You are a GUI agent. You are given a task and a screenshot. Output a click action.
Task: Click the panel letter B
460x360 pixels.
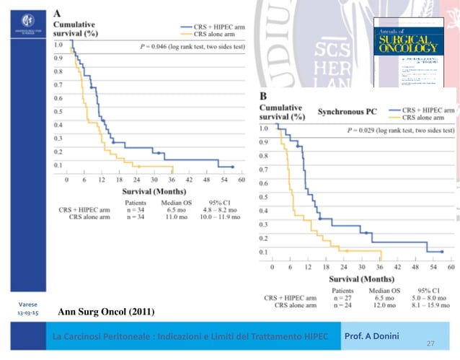pos(264,97)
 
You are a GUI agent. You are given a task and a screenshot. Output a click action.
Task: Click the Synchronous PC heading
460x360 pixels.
pos(347,112)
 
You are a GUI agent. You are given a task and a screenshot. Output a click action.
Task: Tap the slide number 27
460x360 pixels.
pos(431,344)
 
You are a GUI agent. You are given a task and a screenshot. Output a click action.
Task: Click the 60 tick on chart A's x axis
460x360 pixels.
pos(242,180)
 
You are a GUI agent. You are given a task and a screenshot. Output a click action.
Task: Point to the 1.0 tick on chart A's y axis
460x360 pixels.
pos(58,45)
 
